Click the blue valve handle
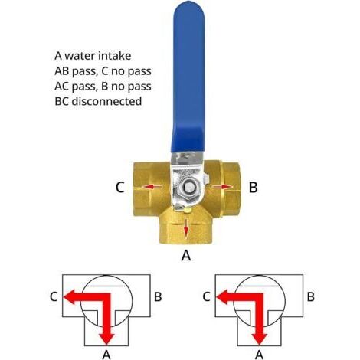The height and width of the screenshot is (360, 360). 188,77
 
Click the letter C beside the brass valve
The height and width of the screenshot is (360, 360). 120,188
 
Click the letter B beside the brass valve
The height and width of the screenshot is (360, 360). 253,188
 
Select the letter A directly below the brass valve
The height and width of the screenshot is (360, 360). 186,255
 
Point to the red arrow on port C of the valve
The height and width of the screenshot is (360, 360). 152,187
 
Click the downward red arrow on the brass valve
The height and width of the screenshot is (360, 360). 186,227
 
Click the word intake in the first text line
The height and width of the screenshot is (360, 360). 115,56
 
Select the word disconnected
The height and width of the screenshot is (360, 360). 106,101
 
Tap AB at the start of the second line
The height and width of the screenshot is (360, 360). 62,71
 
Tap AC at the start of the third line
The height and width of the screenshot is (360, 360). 62,87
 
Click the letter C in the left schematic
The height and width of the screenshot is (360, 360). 54,296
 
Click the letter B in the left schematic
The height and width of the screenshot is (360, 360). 158,296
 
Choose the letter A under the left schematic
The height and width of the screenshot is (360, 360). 106,355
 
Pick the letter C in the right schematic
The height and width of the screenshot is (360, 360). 206,296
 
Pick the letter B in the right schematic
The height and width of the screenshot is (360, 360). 310,296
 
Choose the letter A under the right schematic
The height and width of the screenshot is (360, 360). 259,355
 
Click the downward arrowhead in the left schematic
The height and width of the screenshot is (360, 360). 106,339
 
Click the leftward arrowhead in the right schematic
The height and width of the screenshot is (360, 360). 222,297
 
